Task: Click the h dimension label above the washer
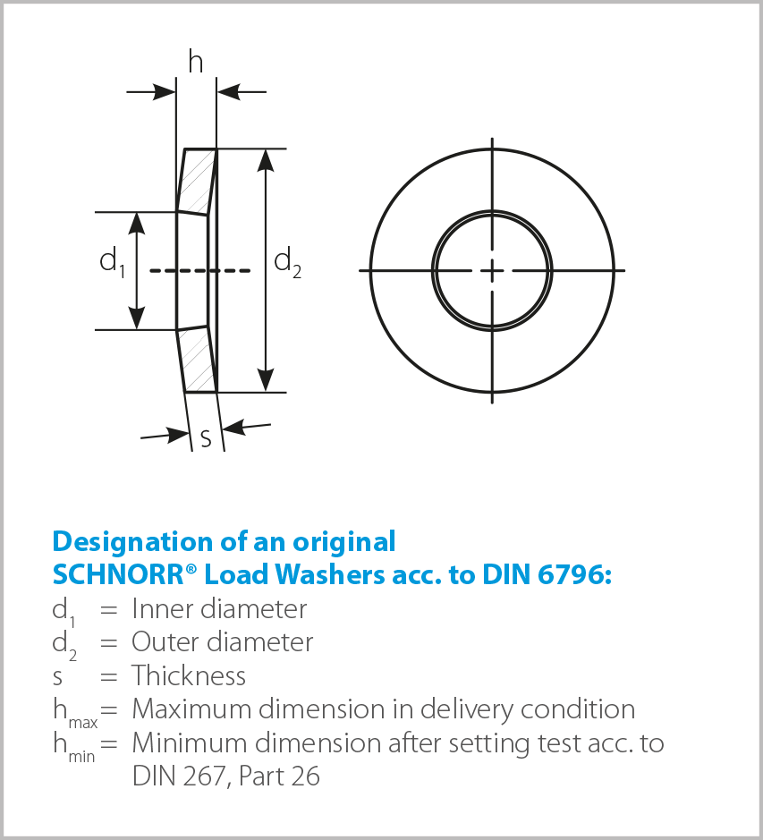point(196,61)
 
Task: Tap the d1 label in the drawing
point(113,261)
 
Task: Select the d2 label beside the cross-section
point(287,262)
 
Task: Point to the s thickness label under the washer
point(206,438)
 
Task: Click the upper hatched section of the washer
point(197,181)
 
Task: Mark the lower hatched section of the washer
point(197,360)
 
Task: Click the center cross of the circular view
point(492,270)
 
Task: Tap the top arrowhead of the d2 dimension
point(266,160)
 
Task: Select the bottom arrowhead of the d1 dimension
point(137,318)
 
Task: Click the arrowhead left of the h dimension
point(165,92)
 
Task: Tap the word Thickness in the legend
point(189,675)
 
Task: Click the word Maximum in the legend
point(191,708)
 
